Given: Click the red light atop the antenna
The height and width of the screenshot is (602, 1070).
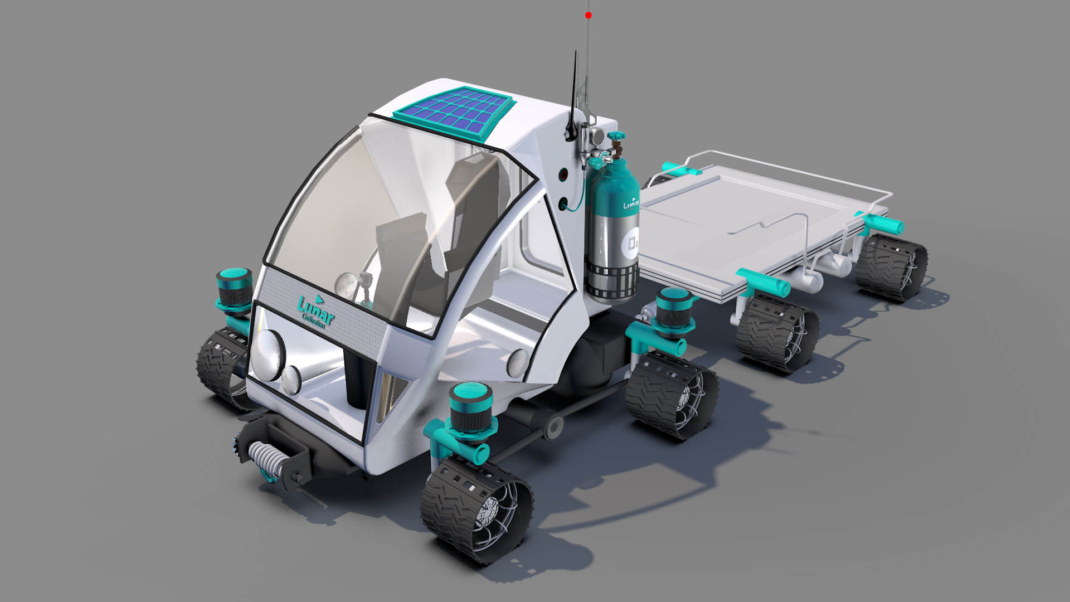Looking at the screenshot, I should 588,16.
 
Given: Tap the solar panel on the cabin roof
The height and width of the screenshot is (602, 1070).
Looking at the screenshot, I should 453,114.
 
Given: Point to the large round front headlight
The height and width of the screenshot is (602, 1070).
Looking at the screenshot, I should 267,355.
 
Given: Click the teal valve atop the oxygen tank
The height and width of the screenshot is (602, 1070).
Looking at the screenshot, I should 616,137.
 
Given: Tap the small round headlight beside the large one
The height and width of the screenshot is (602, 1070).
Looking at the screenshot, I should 291,380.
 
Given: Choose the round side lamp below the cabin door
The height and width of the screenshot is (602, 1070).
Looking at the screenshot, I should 518,363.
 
